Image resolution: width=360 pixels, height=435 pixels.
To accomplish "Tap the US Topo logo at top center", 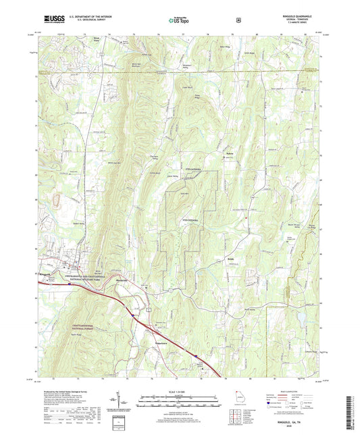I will tap(178, 21).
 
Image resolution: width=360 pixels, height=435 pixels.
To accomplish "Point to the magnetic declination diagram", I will tap(124, 402).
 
